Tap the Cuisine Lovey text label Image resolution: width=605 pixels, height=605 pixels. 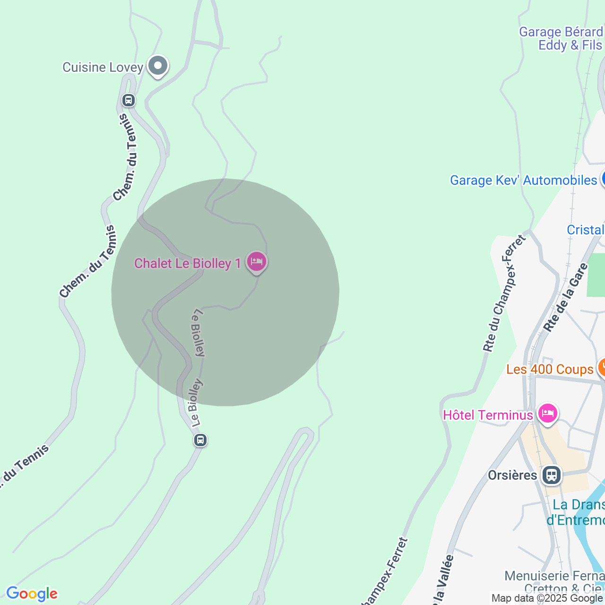pos(103,67)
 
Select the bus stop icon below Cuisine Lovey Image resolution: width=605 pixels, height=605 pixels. pos(128,100)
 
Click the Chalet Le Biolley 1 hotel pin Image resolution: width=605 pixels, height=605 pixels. pos(257,261)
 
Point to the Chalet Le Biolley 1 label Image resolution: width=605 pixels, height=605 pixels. pos(188,263)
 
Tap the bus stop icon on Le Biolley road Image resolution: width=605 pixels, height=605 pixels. pos(200,440)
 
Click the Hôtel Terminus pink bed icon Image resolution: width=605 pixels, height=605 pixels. pos(547,414)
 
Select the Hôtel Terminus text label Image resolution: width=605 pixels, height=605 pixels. pos(488,415)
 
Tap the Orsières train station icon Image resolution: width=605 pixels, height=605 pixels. pos(551,475)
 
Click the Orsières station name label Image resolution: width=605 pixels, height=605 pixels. pos(512,475)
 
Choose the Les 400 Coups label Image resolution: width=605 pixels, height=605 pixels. pos(550,369)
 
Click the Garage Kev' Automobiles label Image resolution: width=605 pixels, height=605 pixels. pos(523,180)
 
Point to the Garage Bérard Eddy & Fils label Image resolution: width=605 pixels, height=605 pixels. pos(561,38)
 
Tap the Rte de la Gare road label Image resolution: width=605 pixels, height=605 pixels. pos(565,298)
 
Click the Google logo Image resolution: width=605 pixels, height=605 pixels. pos(32,594)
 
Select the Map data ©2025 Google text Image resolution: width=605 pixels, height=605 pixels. pos(547,598)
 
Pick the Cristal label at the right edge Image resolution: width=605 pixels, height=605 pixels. pos(586,230)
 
